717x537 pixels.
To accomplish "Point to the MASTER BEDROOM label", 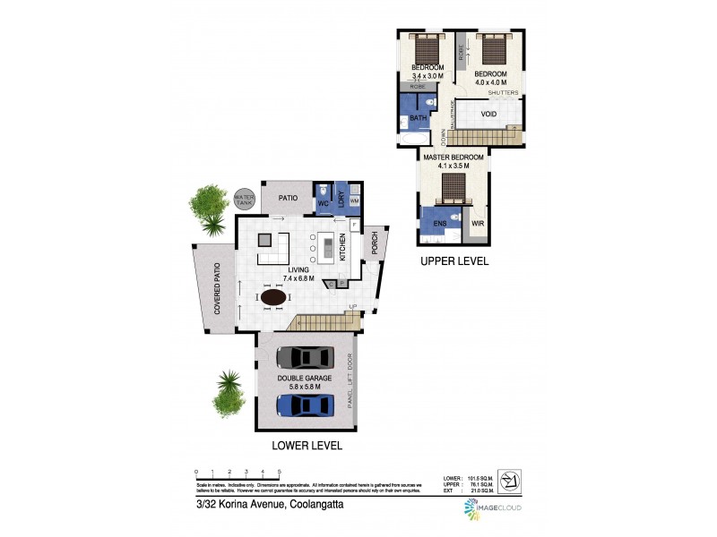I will point(454,157).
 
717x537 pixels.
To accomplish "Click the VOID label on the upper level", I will point(488,115).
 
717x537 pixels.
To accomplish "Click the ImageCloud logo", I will point(492,508).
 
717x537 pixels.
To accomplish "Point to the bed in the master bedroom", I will point(454,184).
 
